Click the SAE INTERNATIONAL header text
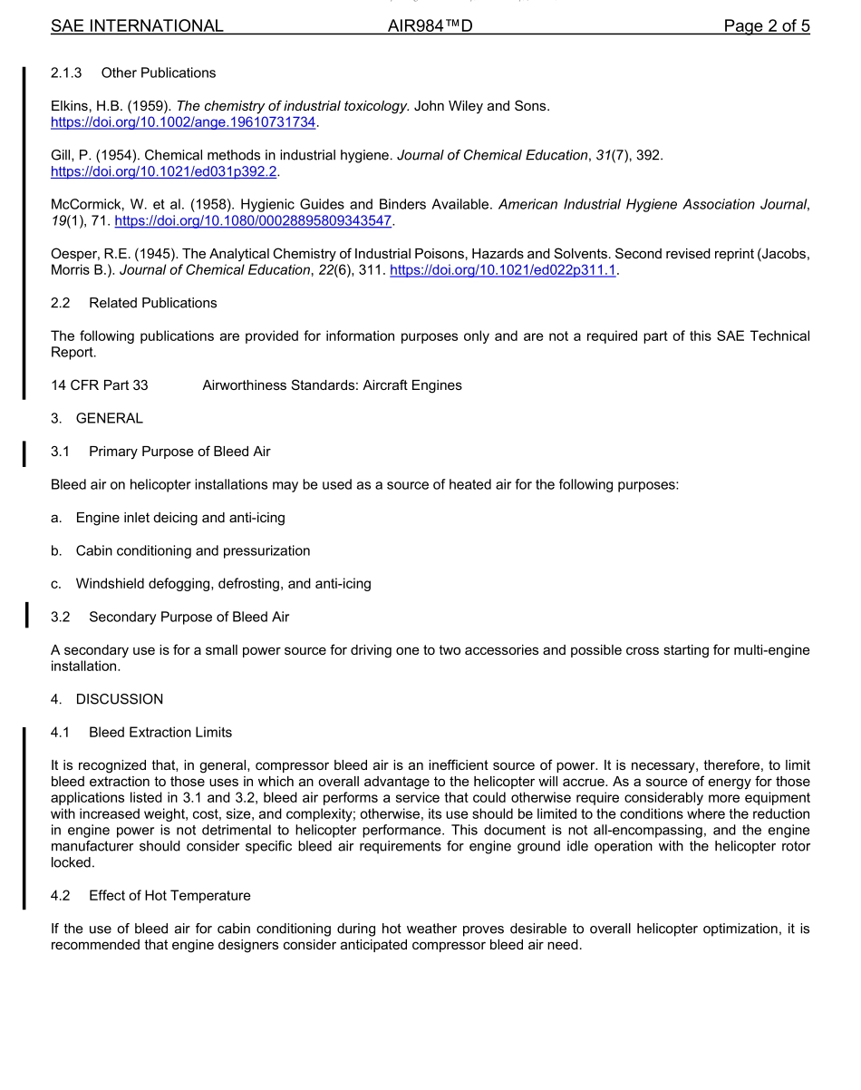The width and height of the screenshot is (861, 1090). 137,26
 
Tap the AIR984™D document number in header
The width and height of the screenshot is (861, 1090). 430,26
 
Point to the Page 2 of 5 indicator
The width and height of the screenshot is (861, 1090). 766,26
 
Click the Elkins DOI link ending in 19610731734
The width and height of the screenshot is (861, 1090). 184,122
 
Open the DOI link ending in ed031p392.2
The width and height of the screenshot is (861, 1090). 164,171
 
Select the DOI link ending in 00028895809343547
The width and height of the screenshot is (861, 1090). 253,221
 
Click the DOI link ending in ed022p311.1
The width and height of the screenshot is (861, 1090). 502,270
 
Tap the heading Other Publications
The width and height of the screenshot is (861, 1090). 159,73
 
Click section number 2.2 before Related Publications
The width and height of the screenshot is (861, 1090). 61,303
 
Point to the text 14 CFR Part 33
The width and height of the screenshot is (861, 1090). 100,385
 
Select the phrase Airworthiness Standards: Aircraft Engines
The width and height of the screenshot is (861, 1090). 332,385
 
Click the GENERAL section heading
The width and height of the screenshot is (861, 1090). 110,418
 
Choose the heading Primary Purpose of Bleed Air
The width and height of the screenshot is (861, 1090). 179,452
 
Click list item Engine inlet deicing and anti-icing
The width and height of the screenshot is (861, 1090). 180,518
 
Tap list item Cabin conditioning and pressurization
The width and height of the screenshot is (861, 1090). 193,550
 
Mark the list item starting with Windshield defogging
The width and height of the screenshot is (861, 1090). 223,584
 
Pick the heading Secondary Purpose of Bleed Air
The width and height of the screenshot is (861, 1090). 189,617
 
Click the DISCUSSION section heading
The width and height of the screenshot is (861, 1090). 120,699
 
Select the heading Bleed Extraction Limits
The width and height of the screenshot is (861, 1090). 160,732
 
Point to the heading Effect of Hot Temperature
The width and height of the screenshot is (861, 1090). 169,896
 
